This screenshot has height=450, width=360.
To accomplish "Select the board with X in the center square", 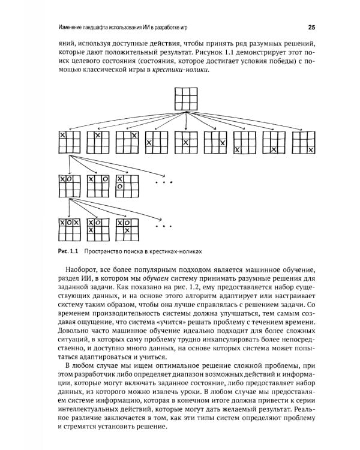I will tap(187, 143).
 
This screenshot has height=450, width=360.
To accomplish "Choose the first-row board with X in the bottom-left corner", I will tap(245, 143).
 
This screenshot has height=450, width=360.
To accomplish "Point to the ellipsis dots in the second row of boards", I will tap(163, 181).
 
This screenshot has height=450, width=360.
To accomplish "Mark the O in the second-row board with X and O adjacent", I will tap(69, 179).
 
